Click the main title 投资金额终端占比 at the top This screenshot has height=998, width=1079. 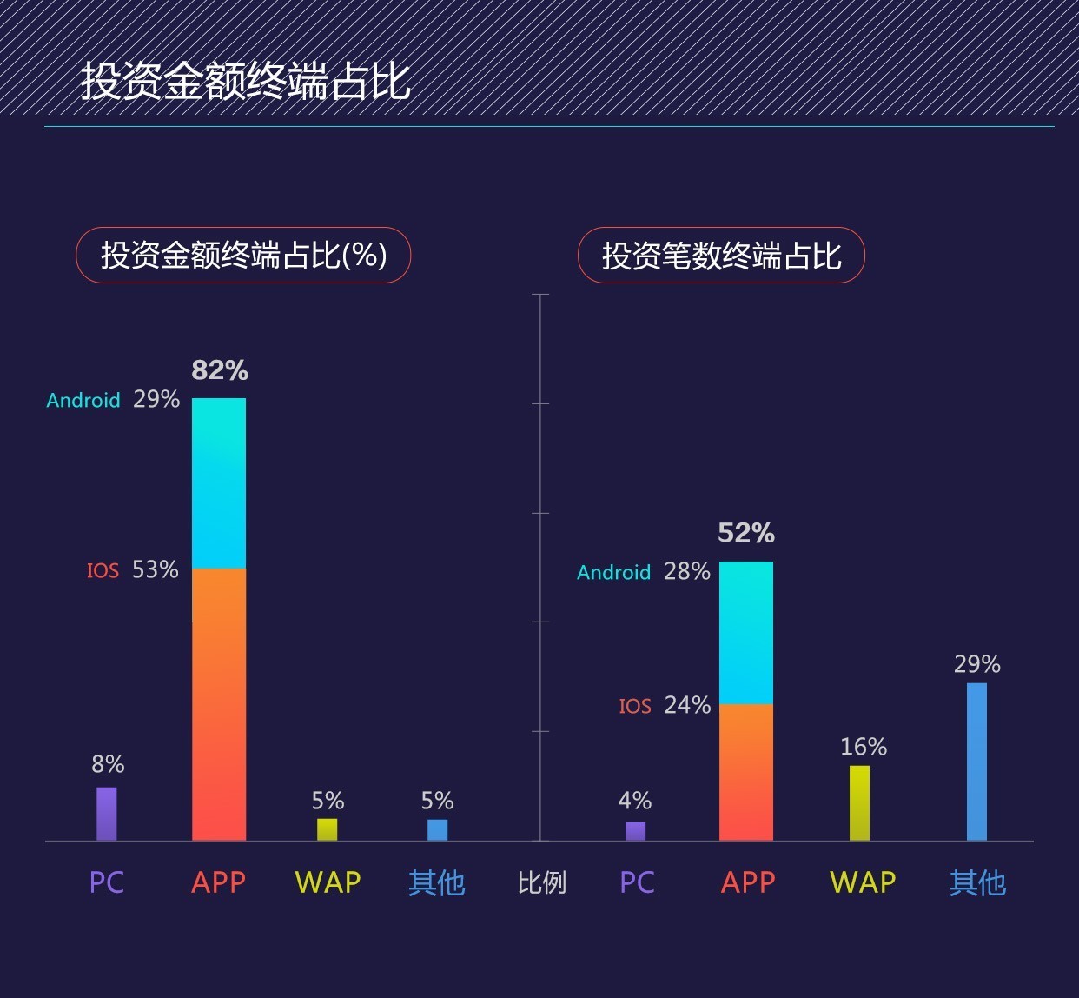coord(246,82)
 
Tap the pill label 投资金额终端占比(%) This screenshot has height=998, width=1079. coord(243,256)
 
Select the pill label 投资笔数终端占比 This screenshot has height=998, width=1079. coord(721,256)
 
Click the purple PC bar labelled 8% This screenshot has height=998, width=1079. coord(106,814)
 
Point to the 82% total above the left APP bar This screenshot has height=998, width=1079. coord(220,370)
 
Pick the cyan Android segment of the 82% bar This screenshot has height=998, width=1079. coord(219,482)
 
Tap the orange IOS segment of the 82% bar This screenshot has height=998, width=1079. coord(219,704)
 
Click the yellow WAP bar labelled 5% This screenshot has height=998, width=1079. coord(327,829)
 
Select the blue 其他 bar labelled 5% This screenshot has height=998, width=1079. coord(437,829)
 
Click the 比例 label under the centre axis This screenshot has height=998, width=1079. coord(541,883)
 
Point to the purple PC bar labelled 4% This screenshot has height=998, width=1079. coord(635,831)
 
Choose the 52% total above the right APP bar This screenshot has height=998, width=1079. coord(746,533)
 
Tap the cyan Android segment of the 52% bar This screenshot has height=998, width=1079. coord(746,632)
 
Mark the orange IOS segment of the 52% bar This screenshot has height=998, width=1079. coord(746,772)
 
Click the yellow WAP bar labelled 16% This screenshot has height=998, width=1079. coord(859,802)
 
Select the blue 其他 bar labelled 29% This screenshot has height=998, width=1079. coord(976,762)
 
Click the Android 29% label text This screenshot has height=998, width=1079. coord(113,400)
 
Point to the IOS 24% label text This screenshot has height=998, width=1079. coord(665,705)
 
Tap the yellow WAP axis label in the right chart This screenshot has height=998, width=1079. coord(863,883)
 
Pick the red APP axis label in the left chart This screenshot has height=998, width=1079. coord(218,883)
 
